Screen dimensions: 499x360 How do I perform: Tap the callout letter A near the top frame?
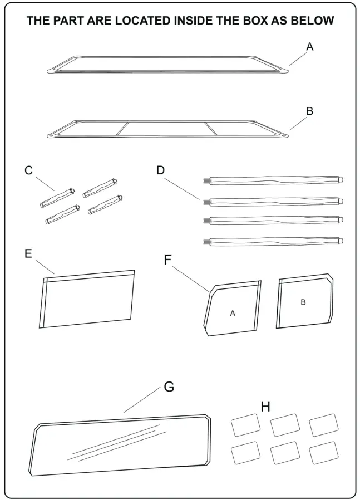click(310, 47)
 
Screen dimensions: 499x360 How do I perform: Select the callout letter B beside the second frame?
click(310, 111)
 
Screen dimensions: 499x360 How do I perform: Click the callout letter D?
click(161, 170)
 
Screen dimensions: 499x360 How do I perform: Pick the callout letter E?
click(28, 253)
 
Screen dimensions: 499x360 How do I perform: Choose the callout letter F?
click(167, 260)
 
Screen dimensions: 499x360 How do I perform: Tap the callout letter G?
click(169, 387)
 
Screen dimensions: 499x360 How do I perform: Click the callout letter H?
click(266, 407)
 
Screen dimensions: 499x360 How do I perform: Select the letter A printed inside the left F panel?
click(233, 314)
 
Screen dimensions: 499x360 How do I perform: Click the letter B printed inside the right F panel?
click(303, 302)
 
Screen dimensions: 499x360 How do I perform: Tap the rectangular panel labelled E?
click(88, 301)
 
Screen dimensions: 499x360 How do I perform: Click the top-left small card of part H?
click(245, 427)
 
